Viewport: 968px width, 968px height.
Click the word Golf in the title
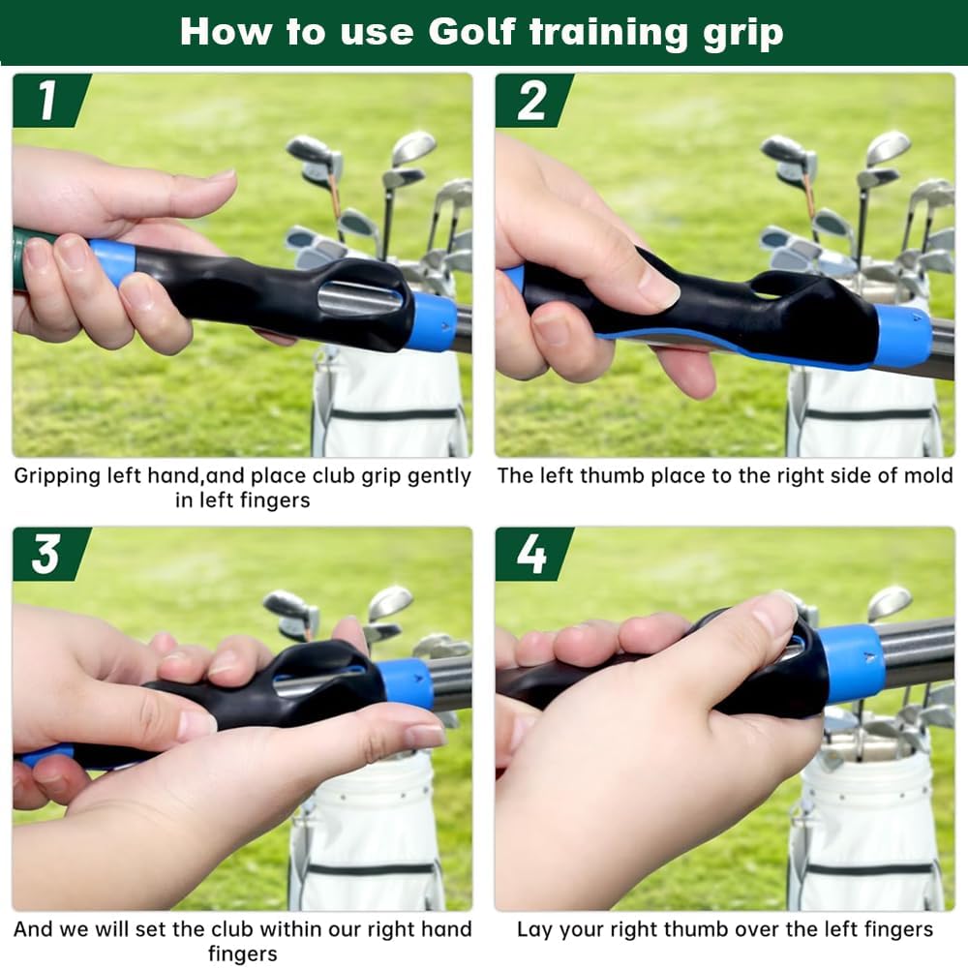pyautogui.click(x=472, y=32)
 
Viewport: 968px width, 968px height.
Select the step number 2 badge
pyautogui.click(x=531, y=101)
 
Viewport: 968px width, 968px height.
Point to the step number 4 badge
pyautogui.click(x=531, y=554)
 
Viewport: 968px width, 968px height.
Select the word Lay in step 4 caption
pyautogui.click(x=534, y=929)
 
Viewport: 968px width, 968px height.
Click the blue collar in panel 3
pyautogui.click(x=405, y=683)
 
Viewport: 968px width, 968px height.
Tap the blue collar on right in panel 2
pyautogui.click(x=902, y=336)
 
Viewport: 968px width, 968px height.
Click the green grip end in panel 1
pyautogui.click(x=19, y=259)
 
